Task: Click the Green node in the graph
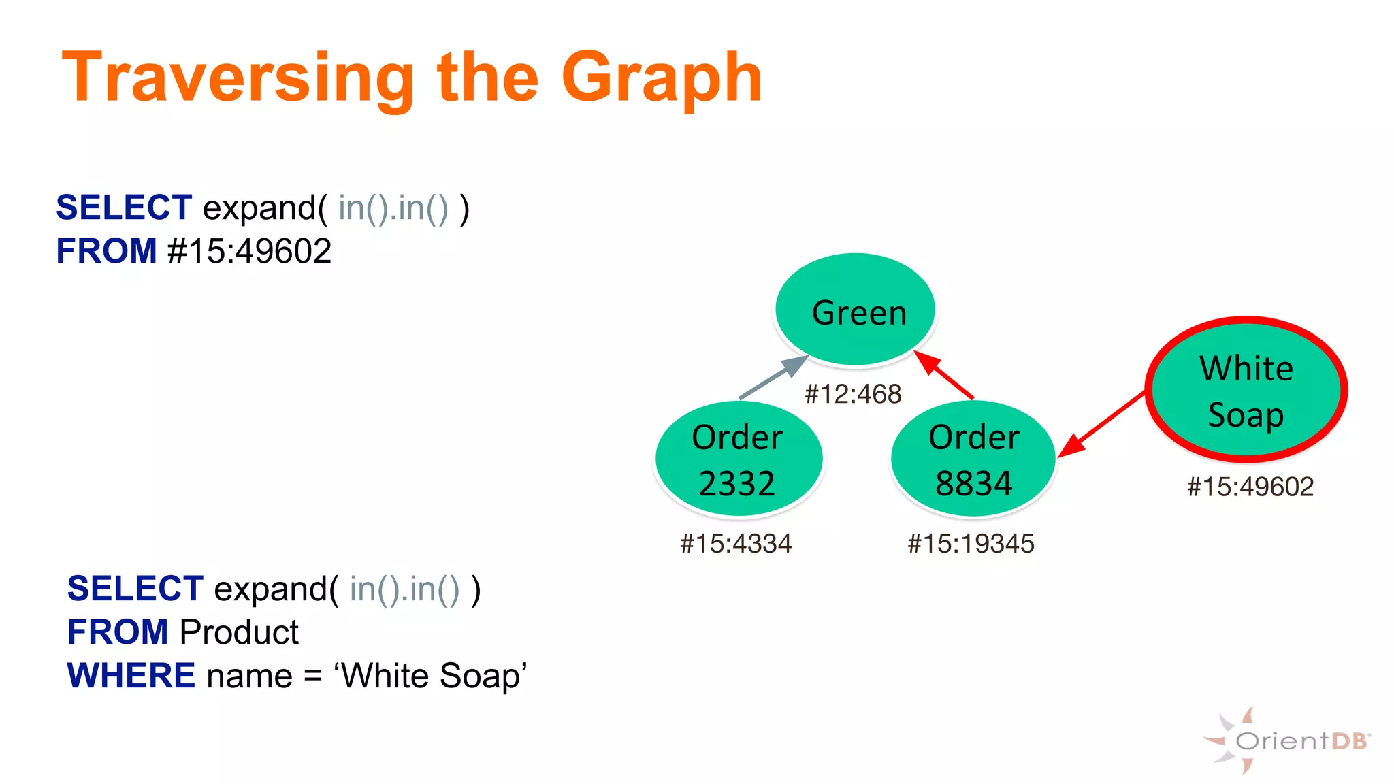click(856, 310)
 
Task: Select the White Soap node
click(1246, 390)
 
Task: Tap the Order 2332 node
click(739, 459)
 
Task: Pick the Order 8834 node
click(973, 459)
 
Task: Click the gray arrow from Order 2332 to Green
click(773, 378)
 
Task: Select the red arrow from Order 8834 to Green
click(945, 375)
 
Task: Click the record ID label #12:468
click(853, 394)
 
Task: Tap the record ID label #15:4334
click(736, 544)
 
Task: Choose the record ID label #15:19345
click(971, 544)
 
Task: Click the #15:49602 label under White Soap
click(1250, 487)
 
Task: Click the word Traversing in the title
click(238, 79)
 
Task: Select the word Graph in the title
click(662, 79)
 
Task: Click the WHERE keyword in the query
click(131, 676)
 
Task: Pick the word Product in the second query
click(239, 632)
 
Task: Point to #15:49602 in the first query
click(250, 251)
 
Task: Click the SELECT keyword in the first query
click(124, 208)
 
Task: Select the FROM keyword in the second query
click(118, 632)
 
